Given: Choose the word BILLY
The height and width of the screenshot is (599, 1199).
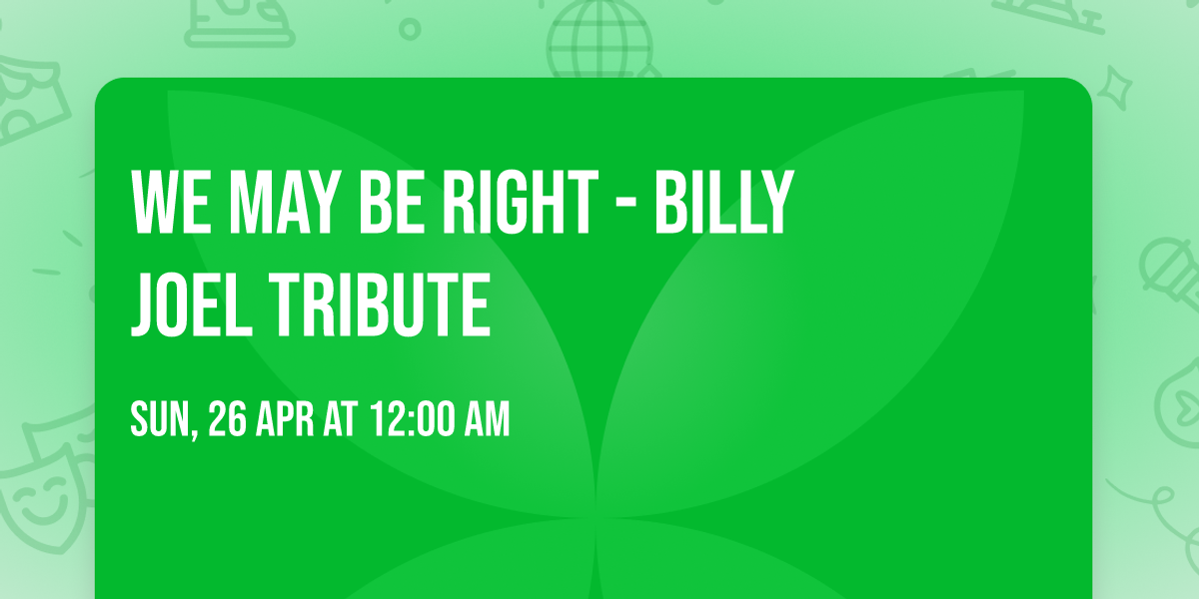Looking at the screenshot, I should tap(723, 203).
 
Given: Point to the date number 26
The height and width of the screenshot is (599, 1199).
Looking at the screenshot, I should tap(229, 420).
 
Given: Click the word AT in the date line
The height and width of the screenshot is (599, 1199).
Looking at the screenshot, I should tap(340, 420).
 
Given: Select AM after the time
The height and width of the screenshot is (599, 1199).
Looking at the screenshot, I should tap(485, 420).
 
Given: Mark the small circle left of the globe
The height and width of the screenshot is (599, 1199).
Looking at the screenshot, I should tap(410, 27).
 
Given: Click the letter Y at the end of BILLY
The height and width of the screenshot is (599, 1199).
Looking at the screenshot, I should tap(776, 203).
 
